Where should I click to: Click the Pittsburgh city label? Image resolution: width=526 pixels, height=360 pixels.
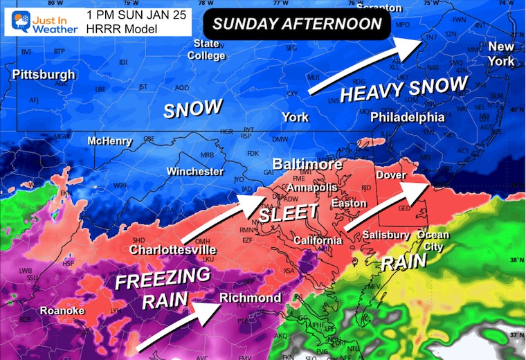pos(43,74)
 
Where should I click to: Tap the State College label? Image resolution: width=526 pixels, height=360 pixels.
pos(206,49)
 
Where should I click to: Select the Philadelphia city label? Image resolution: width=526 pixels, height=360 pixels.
pos(407,117)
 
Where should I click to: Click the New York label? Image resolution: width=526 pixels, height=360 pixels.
pos(501,54)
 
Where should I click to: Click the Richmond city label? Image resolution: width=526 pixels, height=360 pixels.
pos(251,298)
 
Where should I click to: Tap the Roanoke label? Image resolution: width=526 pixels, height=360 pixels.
pos(62,311)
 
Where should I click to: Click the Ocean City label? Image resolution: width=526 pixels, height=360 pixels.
pos(433,240)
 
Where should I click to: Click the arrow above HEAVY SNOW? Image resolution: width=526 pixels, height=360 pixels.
pos(364,66)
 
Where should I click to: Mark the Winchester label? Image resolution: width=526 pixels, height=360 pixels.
pos(195,171)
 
